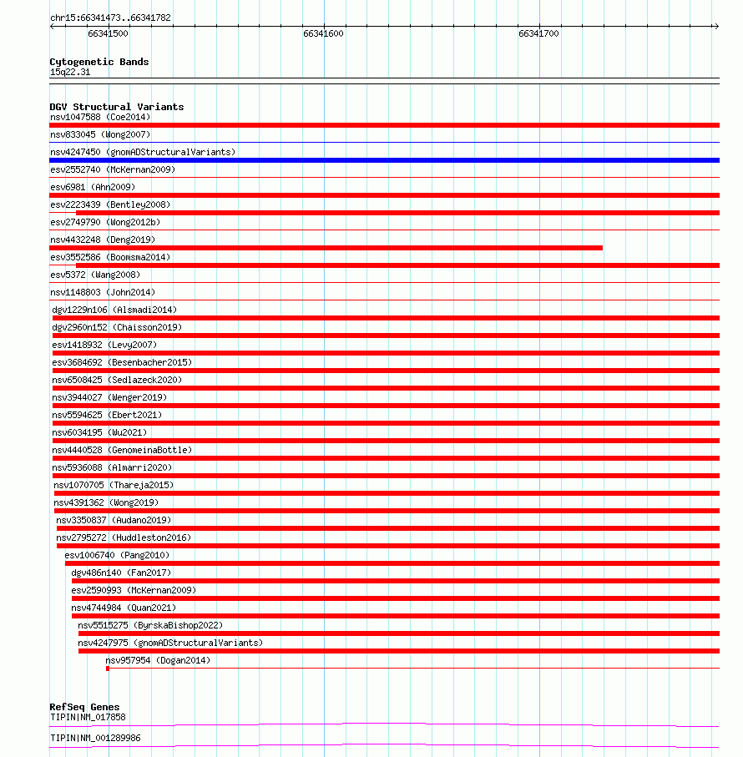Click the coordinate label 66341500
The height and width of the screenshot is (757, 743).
point(108,33)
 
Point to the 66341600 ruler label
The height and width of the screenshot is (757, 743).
point(323,33)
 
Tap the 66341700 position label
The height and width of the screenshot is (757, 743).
point(538,33)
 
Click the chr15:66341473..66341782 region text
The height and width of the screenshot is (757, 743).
point(110,18)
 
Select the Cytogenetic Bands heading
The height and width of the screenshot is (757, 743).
point(99,62)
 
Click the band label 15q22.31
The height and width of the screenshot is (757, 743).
point(70,72)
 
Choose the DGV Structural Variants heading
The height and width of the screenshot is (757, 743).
point(117,107)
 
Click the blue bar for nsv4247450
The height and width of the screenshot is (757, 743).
point(384,160)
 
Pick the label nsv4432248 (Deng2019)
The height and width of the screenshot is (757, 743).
point(103,240)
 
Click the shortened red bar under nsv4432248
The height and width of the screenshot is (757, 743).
point(326,248)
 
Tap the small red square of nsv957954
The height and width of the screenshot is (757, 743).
point(108,669)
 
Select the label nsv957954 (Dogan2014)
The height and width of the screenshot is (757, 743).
point(158,660)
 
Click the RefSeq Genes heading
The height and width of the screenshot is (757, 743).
point(84,708)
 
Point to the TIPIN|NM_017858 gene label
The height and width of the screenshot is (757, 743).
point(88,717)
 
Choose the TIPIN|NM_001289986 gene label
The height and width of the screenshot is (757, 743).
point(95,738)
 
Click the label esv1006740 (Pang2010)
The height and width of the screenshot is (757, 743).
point(117,555)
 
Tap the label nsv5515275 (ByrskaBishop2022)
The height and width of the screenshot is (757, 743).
point(150,625)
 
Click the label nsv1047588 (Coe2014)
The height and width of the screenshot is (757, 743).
point(100,117)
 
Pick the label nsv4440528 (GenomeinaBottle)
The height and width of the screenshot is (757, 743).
point(122,450)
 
